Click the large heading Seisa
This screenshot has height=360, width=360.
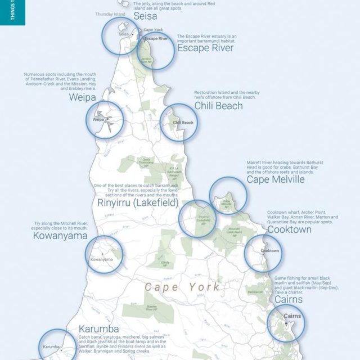pyautogui.click(x=145, y=17)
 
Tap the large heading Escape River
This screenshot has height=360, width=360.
pyautogui.click(x=205, y=48)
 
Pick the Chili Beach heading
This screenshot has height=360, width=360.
pyautogui.click(x=218, y=106)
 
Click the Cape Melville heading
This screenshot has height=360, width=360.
pyautogui.click(x=275, y=179)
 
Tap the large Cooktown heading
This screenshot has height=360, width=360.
pyautogui.click(x=289, y=229)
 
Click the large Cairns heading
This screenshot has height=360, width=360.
pyautogui.click(x=288, y=299)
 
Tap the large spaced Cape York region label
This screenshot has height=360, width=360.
pyautogui.click(x=182, y=287)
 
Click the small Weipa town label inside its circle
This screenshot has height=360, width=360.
pyautogui.click(x=98, y=119)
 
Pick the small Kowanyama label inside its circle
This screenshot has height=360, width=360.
pyautogui.click(x=101, y=259)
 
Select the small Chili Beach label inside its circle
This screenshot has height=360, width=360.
pyautogui.click(x=183, y=123)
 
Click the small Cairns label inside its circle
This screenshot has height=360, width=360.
pyautogui.click(x=292, y=316)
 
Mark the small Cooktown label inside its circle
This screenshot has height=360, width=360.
pyautogui.click(x=270, y=250)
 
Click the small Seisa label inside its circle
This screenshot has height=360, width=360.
pyautogui.click(x=124, y=34)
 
